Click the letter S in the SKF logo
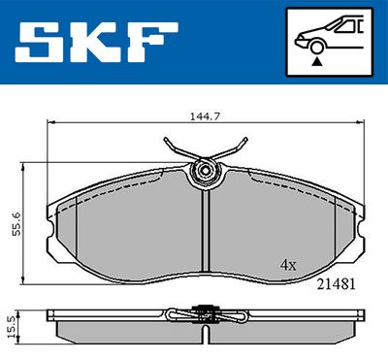[x=41, y=43]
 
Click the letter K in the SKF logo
[x=96, y=43]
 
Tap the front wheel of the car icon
[x=316, y=48]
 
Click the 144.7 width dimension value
[x=205, y=116]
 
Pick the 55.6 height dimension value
[x=16, y=224]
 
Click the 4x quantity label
[x=288, y=266]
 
